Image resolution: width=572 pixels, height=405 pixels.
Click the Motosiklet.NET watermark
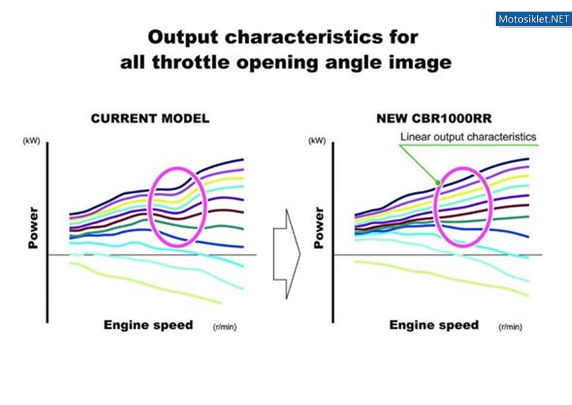point(533,19)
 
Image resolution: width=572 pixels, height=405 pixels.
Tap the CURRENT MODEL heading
point(150,119)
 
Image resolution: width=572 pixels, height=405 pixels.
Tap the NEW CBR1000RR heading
point(434,119)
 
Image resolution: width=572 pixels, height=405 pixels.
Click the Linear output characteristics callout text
point(468,137)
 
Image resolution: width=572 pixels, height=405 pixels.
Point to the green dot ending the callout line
point(438,183)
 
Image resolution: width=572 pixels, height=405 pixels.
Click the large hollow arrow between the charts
point(287,254)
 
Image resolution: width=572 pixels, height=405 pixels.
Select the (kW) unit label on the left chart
point(31,141)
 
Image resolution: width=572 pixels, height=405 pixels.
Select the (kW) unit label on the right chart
point(317,141)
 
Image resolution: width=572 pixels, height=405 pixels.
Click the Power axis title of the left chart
point(33,228)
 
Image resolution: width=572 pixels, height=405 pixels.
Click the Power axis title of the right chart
point(319,228)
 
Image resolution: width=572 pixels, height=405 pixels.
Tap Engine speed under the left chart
point(148,325)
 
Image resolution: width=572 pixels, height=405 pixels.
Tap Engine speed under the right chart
point(434,325)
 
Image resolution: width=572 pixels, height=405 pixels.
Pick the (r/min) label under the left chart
point(225,327)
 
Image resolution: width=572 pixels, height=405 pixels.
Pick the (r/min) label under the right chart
point(510,327)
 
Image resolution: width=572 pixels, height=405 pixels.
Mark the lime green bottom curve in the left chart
point(146,284)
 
